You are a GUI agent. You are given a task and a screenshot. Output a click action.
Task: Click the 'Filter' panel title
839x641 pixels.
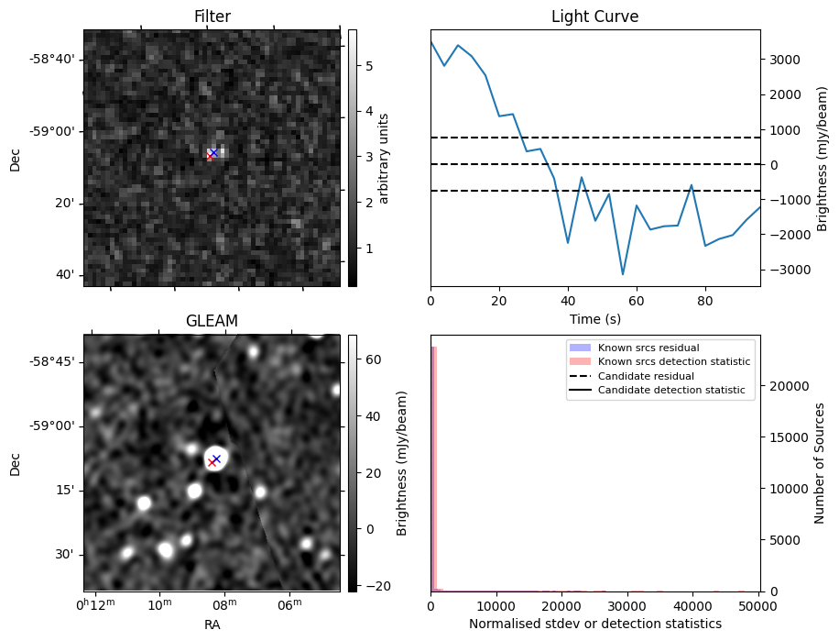pyautogui.click(x=212, y=17)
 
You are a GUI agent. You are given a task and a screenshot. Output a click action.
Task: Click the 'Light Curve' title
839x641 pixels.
pyautogui.click(x=594, y=17)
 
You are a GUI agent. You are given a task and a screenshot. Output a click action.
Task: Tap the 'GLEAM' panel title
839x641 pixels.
pyautogui.click(x=212, y=321)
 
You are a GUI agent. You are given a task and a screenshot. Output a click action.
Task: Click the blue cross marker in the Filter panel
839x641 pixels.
pyautogui.click(x=213, y=152)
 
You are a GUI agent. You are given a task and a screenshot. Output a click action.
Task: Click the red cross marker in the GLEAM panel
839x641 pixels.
pyautogui.click(x=212, y=462)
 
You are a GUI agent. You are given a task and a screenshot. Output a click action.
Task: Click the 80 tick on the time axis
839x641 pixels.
pyautogui.click(x=705, y=300)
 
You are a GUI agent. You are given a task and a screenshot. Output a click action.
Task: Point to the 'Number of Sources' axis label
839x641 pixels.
pyautogui.click(x=821, y=463)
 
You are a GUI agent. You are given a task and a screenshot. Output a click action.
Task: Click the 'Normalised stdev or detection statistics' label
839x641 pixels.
pyautogui.click(x=594, y=624)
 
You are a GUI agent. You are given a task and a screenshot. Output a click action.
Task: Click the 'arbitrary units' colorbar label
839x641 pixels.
pyautogui.click(x=385, y=158)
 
